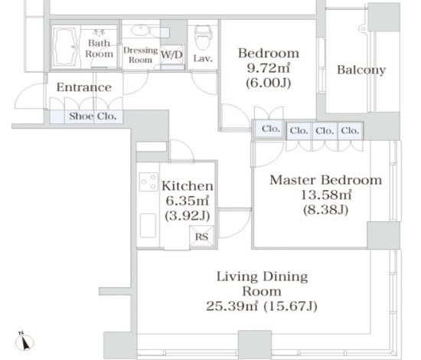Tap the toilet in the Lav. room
203,37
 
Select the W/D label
171,55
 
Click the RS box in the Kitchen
201,237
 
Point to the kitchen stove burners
148,182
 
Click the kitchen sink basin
148,225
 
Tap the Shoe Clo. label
93,116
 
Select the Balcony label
361,70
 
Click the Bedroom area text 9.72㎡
268,68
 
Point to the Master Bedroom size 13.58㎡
326,195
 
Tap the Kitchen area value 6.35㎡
188,201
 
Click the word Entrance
84,87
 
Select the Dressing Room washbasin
140,30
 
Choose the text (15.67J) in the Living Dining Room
290,306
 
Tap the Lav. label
203,58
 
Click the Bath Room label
99,48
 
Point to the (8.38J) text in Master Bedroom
326,210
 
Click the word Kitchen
188,185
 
